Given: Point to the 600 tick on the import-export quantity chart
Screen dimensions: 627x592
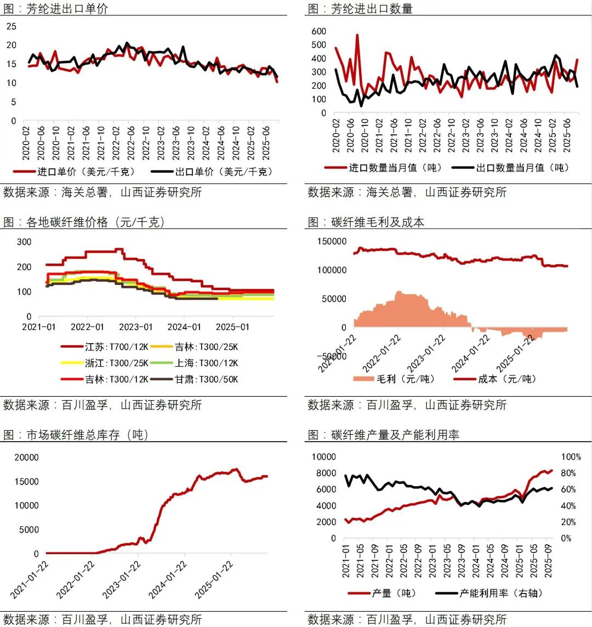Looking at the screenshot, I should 318,31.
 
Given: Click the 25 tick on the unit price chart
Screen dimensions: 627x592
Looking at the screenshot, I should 12,26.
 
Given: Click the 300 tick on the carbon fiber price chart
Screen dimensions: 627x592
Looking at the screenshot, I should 24,242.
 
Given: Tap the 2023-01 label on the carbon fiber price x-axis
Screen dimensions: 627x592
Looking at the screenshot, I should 136,327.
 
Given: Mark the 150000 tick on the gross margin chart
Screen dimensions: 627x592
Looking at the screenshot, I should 331,241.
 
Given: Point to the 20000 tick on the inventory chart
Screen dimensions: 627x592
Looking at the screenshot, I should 26,458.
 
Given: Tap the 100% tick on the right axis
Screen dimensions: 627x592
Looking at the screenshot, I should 571,457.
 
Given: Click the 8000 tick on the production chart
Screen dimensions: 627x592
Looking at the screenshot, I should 323,473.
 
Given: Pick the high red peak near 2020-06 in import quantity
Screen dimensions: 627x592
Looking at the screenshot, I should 357,35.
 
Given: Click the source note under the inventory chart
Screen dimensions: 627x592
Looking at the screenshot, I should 103,619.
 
